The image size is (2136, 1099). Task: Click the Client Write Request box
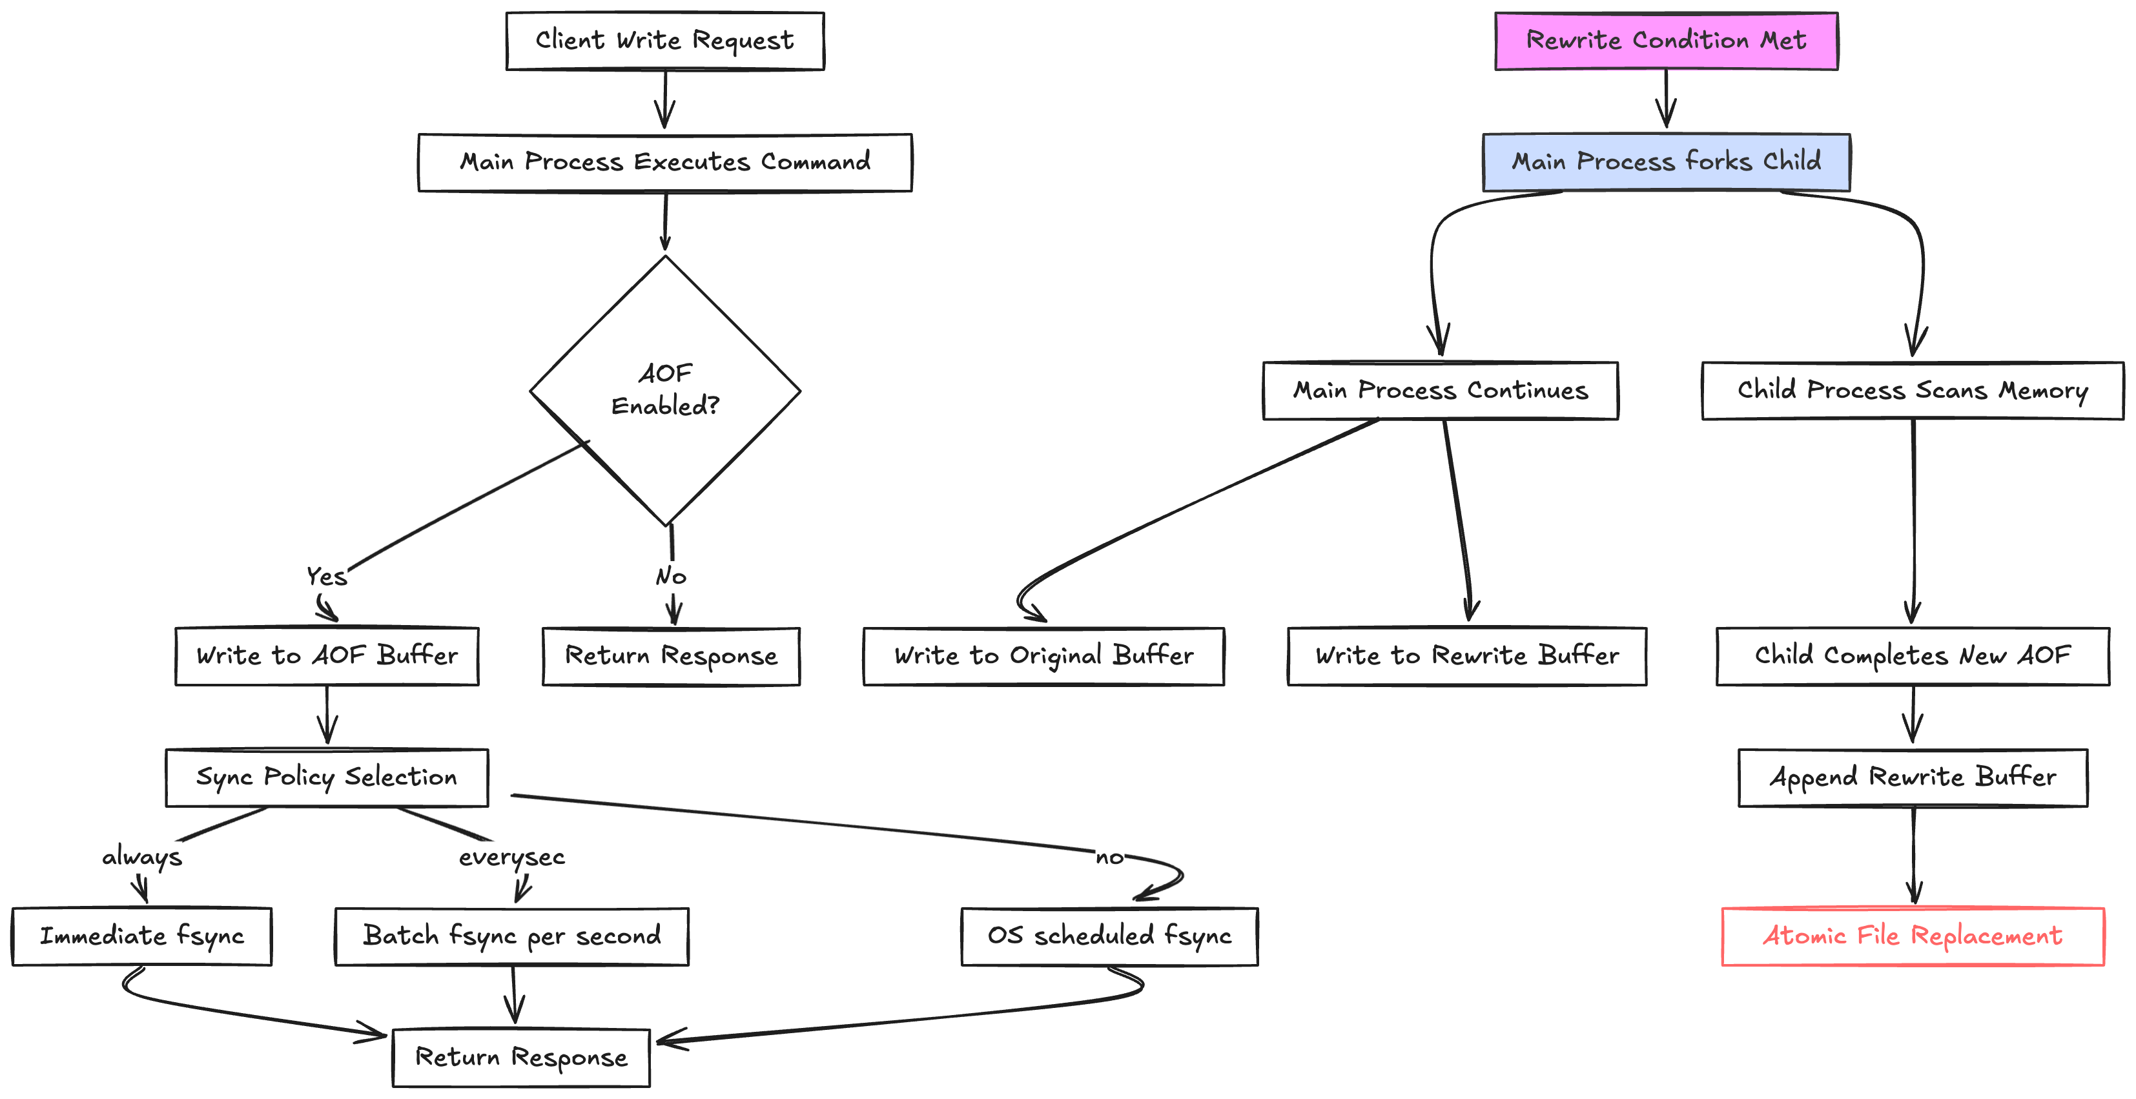(x=664, y=41)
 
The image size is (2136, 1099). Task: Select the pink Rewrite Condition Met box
(x=1666, y=41)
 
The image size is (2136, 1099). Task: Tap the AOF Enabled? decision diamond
(x=664, y=390)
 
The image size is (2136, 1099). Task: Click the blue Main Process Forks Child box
(x=1666, y=161)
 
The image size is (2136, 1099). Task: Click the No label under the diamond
(x=671, y=575)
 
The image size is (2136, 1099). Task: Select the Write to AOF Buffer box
(x=327, y=656)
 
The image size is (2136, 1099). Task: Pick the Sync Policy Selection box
(x=327, y=777)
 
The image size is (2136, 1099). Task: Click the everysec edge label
(x=511, y=857)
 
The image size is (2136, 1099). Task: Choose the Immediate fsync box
(x=142, y=936)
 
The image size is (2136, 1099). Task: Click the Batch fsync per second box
(x=511, y=936)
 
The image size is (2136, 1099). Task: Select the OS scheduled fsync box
(x=1109, y=936)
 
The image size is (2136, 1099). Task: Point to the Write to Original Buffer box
(x=1043, y=656)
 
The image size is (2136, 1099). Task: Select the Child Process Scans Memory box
(x=1912, y=391)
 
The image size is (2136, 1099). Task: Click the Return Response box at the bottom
(x=520, y=1058)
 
